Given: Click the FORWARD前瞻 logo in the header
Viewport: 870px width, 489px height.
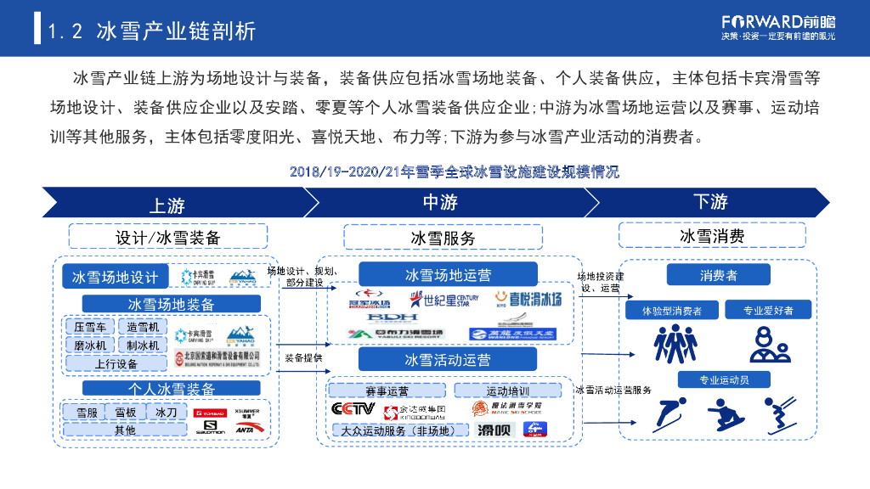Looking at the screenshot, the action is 778,20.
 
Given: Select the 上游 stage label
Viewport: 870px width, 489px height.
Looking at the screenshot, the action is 167,205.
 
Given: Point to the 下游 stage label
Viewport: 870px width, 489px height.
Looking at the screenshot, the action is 710,202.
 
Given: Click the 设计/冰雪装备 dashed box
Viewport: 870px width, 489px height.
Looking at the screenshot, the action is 167,237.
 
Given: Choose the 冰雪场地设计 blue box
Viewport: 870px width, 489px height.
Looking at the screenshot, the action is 115,277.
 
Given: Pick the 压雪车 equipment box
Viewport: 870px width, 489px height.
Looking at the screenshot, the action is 90,327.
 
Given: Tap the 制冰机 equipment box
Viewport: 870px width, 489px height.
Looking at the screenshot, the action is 143,345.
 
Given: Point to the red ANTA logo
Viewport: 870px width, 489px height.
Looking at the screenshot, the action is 245,430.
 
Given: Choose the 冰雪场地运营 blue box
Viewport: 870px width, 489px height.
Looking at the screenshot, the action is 448,275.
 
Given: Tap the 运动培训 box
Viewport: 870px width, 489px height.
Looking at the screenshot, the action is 507,391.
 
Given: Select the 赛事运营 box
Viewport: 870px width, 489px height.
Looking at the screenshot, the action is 387,391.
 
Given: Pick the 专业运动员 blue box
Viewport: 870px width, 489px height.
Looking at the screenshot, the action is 723,379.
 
